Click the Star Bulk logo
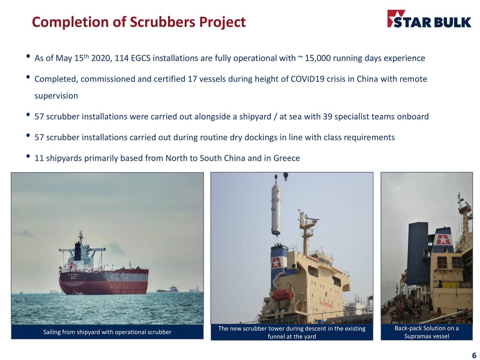(x=429, y=19)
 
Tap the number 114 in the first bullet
(x=121, y=58)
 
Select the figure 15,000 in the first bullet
(x=318, y=58)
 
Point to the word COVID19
(x=307, y=79)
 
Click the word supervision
(x=56, y=96)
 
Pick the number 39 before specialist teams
(x=327, y=117)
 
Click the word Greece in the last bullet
(x=286, y=158)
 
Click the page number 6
(x=474, y=355)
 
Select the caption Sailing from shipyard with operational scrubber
(x=107, y=332)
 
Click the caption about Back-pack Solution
(x=426, y=332)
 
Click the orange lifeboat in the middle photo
(x=282, y=294)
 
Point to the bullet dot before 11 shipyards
(x=28, y=156)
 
